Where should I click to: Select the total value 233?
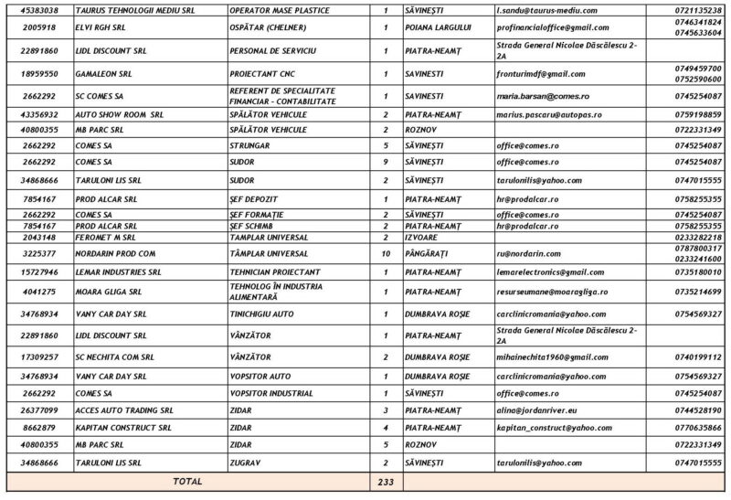(387, 481)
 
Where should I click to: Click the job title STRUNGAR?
(249, 145)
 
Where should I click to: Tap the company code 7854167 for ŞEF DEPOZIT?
(39, 198)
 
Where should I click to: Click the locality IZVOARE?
(420, 237)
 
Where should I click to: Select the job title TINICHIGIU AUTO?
(266, 314)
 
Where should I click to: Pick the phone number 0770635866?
(696, 427)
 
